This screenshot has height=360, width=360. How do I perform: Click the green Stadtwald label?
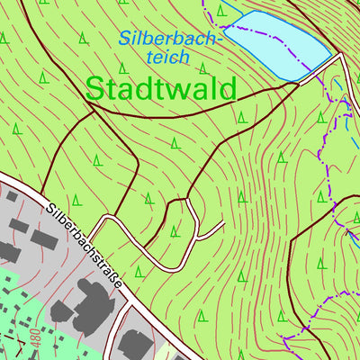click(x=161, y=88)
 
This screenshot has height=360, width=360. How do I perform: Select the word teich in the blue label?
click(x=167, y=57)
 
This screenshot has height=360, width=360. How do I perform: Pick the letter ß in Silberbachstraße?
click(x=113, y=281)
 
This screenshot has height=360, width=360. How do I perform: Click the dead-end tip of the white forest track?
click(x=222, y=225)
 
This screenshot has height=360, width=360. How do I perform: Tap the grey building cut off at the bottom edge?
click(x=135, y=346)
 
